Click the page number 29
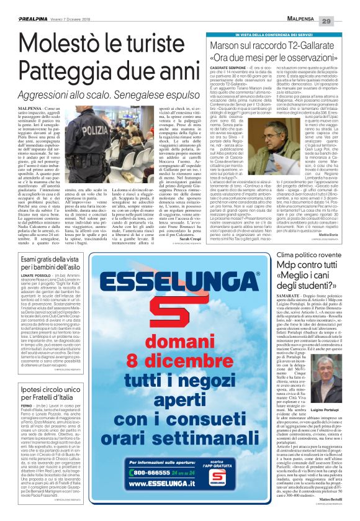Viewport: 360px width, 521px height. pos(344,6)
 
